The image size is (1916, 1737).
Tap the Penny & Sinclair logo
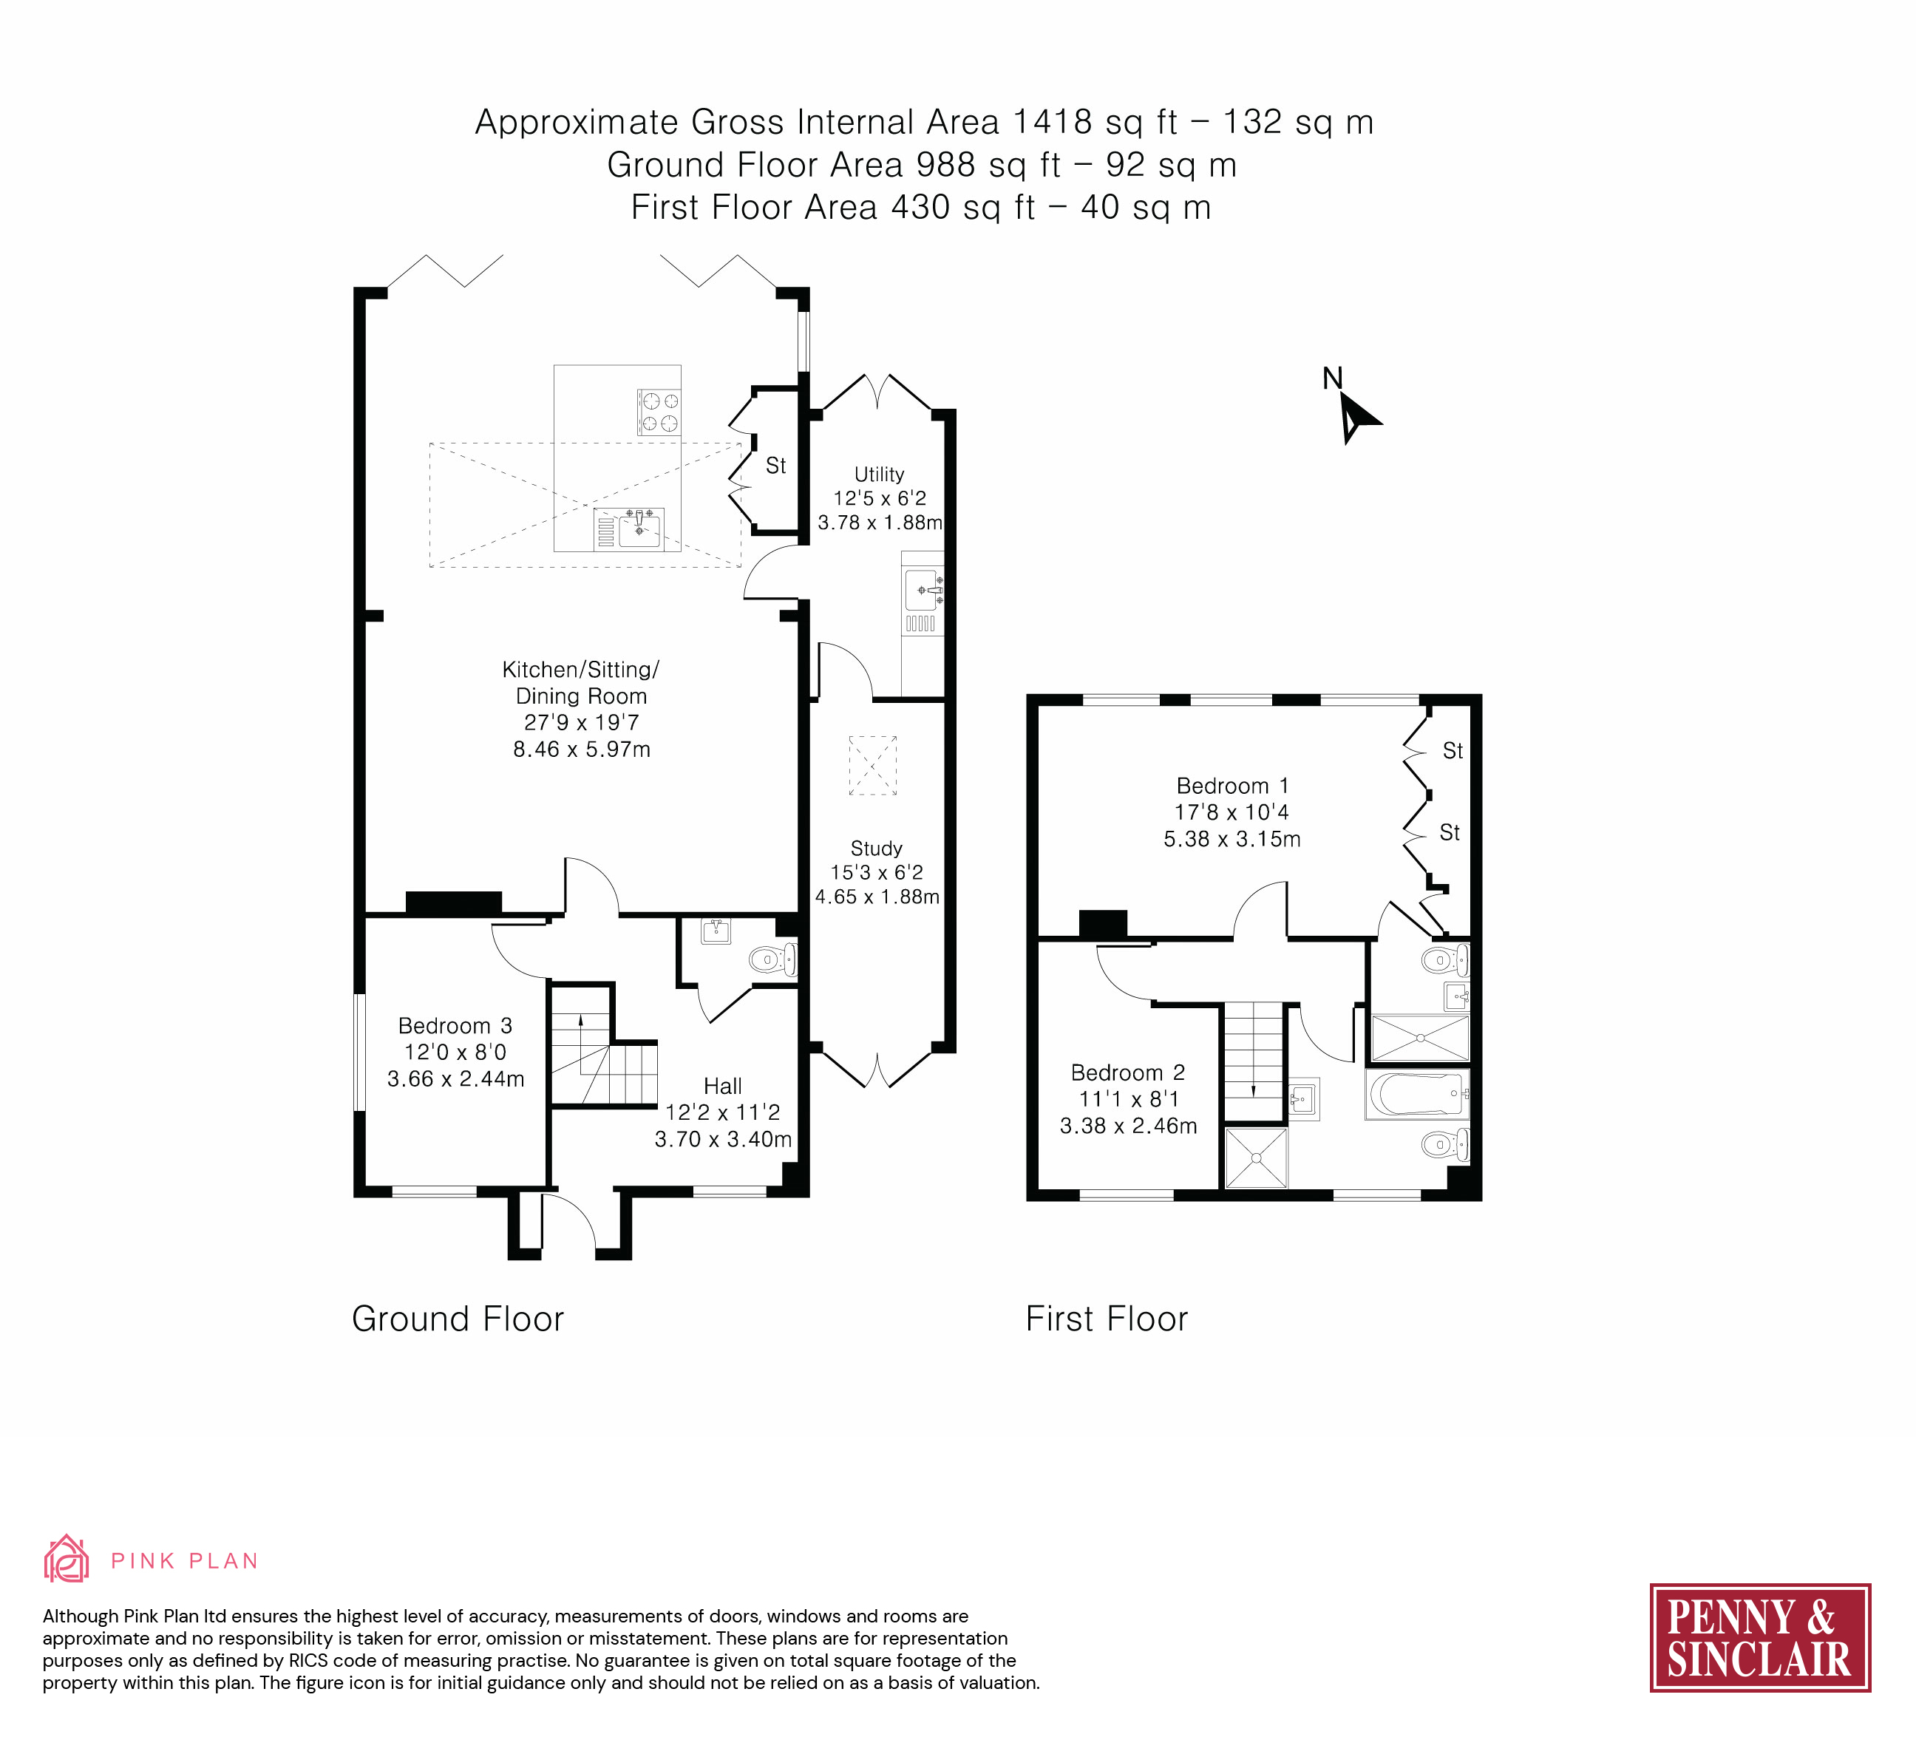pyautogui.click(x=1760, y=1637)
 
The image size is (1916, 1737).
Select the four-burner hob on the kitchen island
pyautogui.click(x=659, y=412)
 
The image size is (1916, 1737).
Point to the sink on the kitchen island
pyautogui.click(x=629, y=528)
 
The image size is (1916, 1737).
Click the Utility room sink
pyautogui.click(x=923, y=592)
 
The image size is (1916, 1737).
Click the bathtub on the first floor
pyautogui.click(x=1417, y=1095)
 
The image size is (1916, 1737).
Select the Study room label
pyautogui.click(x=876, y=849)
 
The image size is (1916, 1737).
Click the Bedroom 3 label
pyautogui.click(x=455, y=1026)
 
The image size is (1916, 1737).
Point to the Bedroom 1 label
pyautogui.click(x=1233, y=786)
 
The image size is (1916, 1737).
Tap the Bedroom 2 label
pyautogui.click(x=1128, y=1073)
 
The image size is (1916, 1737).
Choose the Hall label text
pyautogui.click(x=722, y=1086)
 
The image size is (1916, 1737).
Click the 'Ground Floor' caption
pyautogui.click(x=458, y=1319)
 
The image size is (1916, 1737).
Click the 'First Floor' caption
pyautogui.click(x=1107, y=1319)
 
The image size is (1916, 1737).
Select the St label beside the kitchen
pyautogui.click(x=775, y=466)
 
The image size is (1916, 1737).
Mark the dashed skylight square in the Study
pyautogui.click(x=872, y=765)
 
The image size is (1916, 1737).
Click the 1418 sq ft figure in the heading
pyautogui.click(x=1095, y=123)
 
